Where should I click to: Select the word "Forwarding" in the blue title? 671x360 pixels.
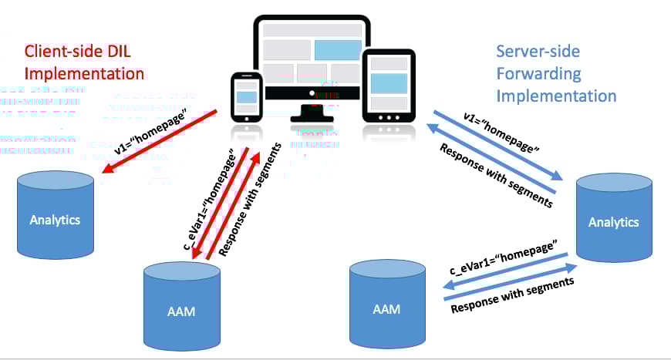538,74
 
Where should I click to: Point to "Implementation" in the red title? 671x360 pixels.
84,74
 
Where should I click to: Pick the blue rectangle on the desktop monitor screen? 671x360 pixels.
337,50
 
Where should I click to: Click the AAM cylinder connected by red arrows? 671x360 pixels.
182,307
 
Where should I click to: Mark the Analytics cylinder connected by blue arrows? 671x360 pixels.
613,220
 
